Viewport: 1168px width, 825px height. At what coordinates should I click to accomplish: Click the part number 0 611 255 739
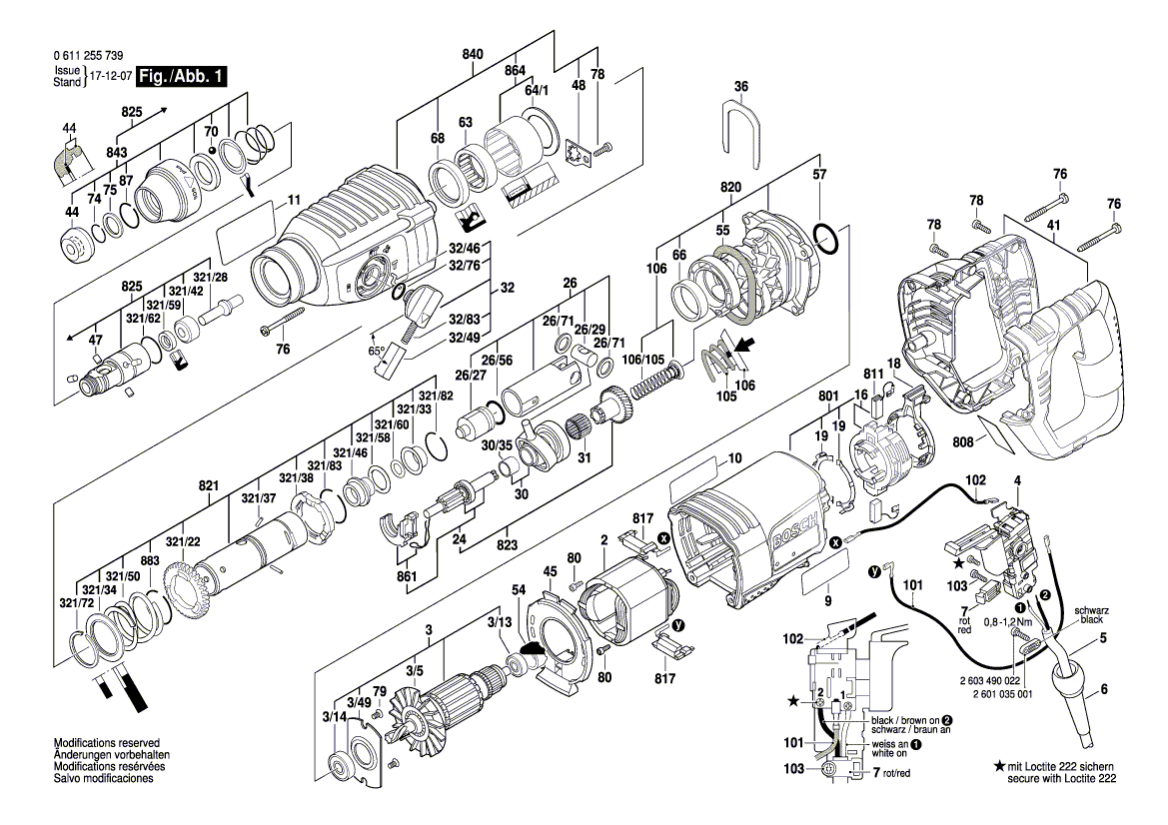click(89, 56)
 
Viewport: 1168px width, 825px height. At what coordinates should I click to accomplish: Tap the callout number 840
click(473, 54)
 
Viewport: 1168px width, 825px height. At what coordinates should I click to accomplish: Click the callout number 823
click(507, 544)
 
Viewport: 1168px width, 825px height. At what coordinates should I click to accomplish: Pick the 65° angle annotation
click(377, 351)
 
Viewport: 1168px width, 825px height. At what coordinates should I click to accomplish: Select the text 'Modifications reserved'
click(107, 743)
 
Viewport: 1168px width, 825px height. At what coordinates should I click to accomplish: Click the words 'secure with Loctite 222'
click(1062, 779)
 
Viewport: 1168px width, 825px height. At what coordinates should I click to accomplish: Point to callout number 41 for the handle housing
click(1052, 224)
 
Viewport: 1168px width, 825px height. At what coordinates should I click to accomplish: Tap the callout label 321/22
click(183, 541)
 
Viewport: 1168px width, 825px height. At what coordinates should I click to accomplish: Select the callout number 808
click(962, 442)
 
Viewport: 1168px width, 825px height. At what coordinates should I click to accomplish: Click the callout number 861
click(407, 576)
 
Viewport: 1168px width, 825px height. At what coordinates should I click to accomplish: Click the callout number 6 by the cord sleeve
click(1103, 689)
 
